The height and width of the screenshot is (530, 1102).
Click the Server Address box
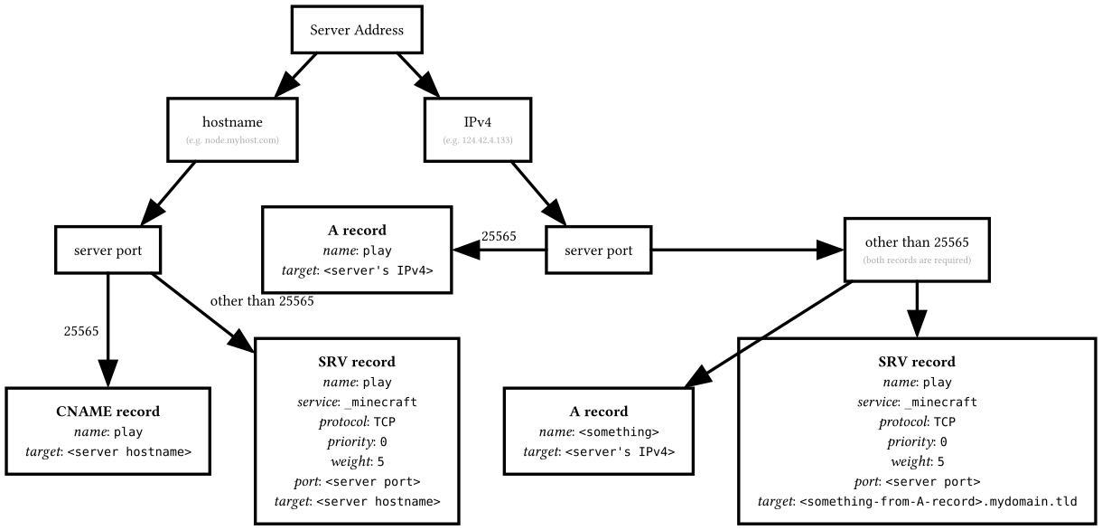[x=357, y=30]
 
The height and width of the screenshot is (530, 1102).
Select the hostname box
[x=232, y=130]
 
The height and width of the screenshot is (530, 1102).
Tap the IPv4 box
[x=479, y=130]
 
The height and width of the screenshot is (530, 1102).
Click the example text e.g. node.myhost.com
[x=232, y=141]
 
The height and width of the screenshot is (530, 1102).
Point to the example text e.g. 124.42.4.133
[x=479, y=141]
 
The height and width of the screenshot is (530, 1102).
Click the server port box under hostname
[x=107, y=249]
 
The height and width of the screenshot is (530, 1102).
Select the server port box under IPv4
[x=598, y=249]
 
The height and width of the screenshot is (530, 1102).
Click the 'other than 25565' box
[x=917, y=249]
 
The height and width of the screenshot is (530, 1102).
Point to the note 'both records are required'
[x=917, y=260]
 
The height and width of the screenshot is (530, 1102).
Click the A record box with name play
[x=357, y=249]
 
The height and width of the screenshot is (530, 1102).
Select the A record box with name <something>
[x=599, y=430]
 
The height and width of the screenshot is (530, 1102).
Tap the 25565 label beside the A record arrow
[x=499, y=236]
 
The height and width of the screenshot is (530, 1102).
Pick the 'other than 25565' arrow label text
[x=262, y=301]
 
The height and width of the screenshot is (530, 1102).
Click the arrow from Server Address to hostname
[x=297, y=73]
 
